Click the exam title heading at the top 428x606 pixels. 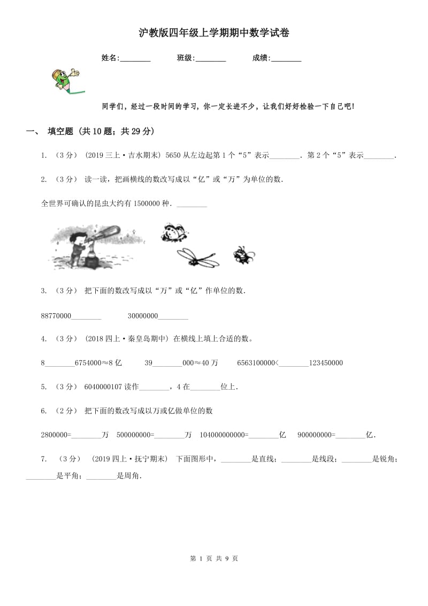[214, 33]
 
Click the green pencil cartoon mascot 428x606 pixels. [65, 79]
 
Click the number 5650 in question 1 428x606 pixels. [174, 155]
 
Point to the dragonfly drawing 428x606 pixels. [196, 256]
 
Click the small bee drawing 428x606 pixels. [243, 255]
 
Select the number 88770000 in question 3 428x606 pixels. [56, 316]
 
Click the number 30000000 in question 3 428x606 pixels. [142, 316]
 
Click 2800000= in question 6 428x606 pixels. [56, 435]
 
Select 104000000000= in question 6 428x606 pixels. [224, 435]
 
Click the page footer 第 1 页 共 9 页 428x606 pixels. [214, 558]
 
